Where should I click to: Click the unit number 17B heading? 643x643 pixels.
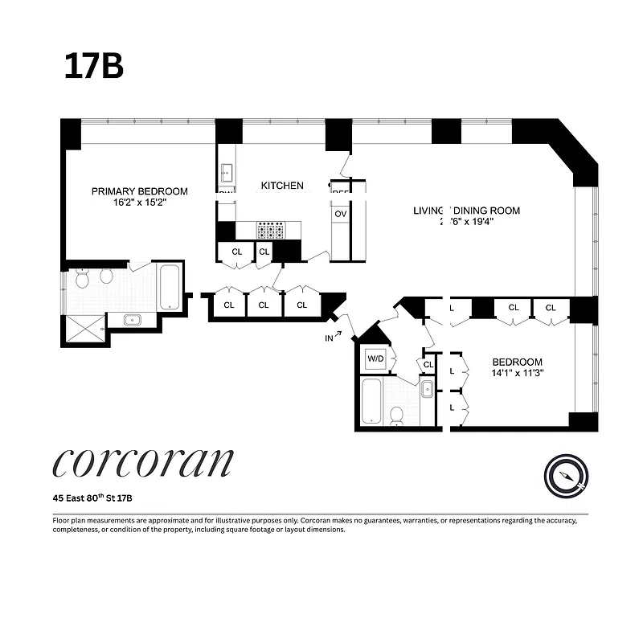[94, 67]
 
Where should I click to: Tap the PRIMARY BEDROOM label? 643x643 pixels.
[139, 191]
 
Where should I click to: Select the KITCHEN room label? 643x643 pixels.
[282, 186]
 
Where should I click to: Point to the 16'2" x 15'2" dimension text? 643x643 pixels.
[139, 203]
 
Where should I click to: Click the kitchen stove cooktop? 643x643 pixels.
[270, 231]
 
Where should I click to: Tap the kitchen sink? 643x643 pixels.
[226, 171]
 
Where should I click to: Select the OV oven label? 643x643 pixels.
[340, 215]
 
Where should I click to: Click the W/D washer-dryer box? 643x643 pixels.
[376, 358]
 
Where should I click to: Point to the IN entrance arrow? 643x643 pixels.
[334, 336]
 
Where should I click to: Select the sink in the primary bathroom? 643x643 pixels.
[133, 321]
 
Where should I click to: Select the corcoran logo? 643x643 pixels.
[142, 463]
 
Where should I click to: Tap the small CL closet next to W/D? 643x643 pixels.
[428, 364]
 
